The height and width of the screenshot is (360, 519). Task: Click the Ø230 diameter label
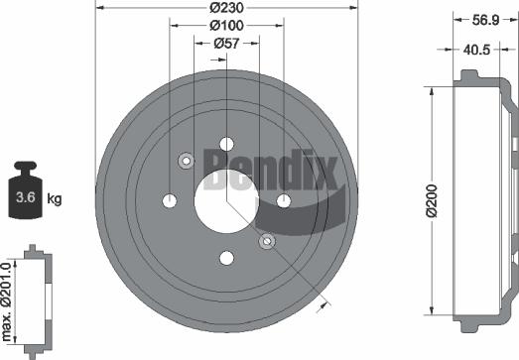pyautogui.click(x=226, y=10)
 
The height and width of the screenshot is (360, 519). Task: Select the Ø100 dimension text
pyautogui.click(x=227, y=26)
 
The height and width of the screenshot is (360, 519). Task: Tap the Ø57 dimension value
pyautogui.click(x=227, y=43)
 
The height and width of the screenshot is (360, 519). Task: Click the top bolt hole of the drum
pyautogui.click(x=226, y=144)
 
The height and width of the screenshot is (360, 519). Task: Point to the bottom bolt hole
pyautogui.click(x=226, y=259)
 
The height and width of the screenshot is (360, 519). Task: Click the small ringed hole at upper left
pyautogui.click(x=186, y=161)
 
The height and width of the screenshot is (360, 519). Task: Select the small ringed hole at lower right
pyautogui.click(x=266, y=241)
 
